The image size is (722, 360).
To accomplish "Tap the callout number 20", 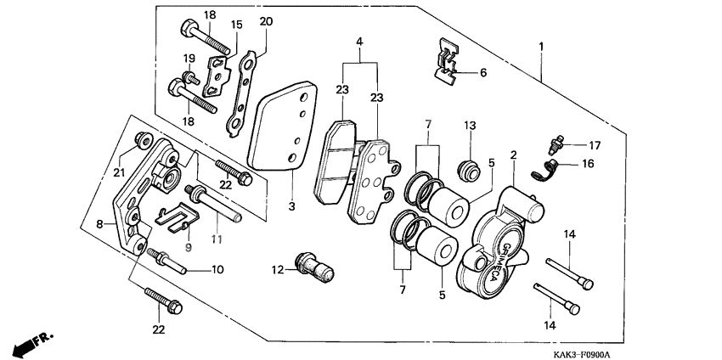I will (266, 21).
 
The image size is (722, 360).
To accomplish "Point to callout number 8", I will (99, 223).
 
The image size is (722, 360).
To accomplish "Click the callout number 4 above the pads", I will (359, 42).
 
